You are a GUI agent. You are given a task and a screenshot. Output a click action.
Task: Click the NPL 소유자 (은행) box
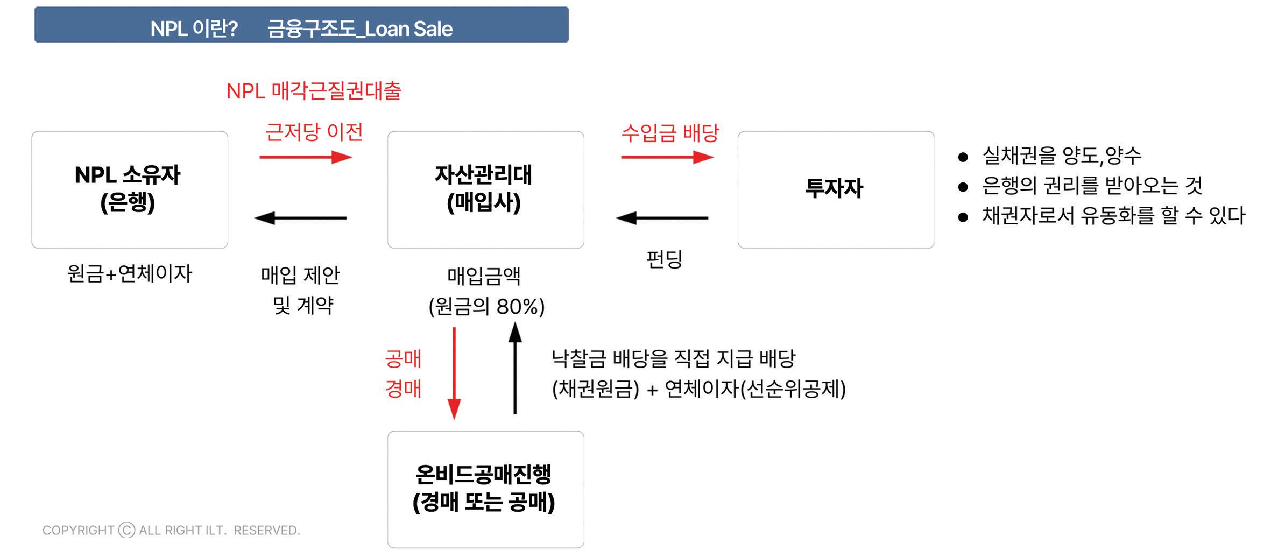point(129,189)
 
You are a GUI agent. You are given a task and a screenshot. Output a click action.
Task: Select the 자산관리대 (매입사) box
point(485,189)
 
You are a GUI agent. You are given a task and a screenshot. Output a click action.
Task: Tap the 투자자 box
point(835,189)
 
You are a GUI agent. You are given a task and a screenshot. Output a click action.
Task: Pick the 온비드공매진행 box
point(485,489)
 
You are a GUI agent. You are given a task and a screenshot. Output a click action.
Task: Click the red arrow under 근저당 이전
point(305,157)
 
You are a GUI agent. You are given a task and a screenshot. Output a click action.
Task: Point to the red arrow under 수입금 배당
point(667,157)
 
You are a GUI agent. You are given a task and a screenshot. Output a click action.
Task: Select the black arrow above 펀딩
point(662,218)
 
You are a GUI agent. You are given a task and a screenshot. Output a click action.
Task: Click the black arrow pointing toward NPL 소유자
point(300,218)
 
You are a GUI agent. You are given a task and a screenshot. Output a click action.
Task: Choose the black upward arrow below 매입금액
point(515,369)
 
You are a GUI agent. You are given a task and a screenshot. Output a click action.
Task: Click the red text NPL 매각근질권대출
point(314,91)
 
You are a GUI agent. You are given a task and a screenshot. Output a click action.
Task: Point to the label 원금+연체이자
point(129,273)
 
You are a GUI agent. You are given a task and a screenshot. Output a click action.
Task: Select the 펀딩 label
point(664,259)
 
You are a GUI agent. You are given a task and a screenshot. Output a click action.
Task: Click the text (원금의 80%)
point(486,306)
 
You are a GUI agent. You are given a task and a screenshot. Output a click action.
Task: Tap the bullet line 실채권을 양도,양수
point(1061,156)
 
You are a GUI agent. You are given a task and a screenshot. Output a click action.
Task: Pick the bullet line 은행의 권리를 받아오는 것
point(1091,186)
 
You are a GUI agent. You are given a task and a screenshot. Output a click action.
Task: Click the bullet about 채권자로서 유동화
point(1113,216)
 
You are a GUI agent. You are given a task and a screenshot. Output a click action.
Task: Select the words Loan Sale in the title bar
point(409,29)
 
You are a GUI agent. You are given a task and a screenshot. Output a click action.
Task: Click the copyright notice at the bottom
point(171,530)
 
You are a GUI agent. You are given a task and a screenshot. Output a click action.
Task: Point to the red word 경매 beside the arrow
point(403,389)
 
